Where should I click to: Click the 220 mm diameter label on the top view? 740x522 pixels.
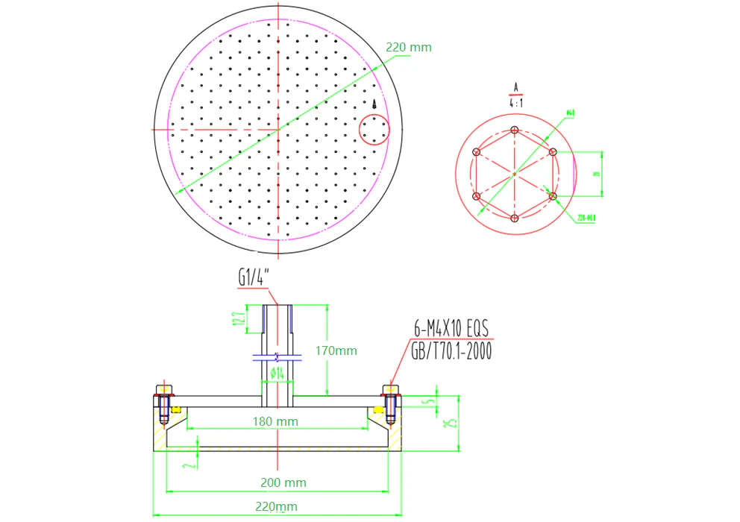tap(408, 47)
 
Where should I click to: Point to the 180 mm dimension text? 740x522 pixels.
tap(275, 421)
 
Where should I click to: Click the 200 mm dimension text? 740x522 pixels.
tap(283, 482)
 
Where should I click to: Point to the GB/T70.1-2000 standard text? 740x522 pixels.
tap(451, 351)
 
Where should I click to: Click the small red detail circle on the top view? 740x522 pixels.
tap(374, 130)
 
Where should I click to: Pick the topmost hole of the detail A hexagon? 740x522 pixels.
tap(515, 130)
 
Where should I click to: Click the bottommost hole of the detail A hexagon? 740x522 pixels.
tap(515, 218)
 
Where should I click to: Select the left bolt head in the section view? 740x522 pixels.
tap(163, 389)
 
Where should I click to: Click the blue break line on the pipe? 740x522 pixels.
tap(277, 355)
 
